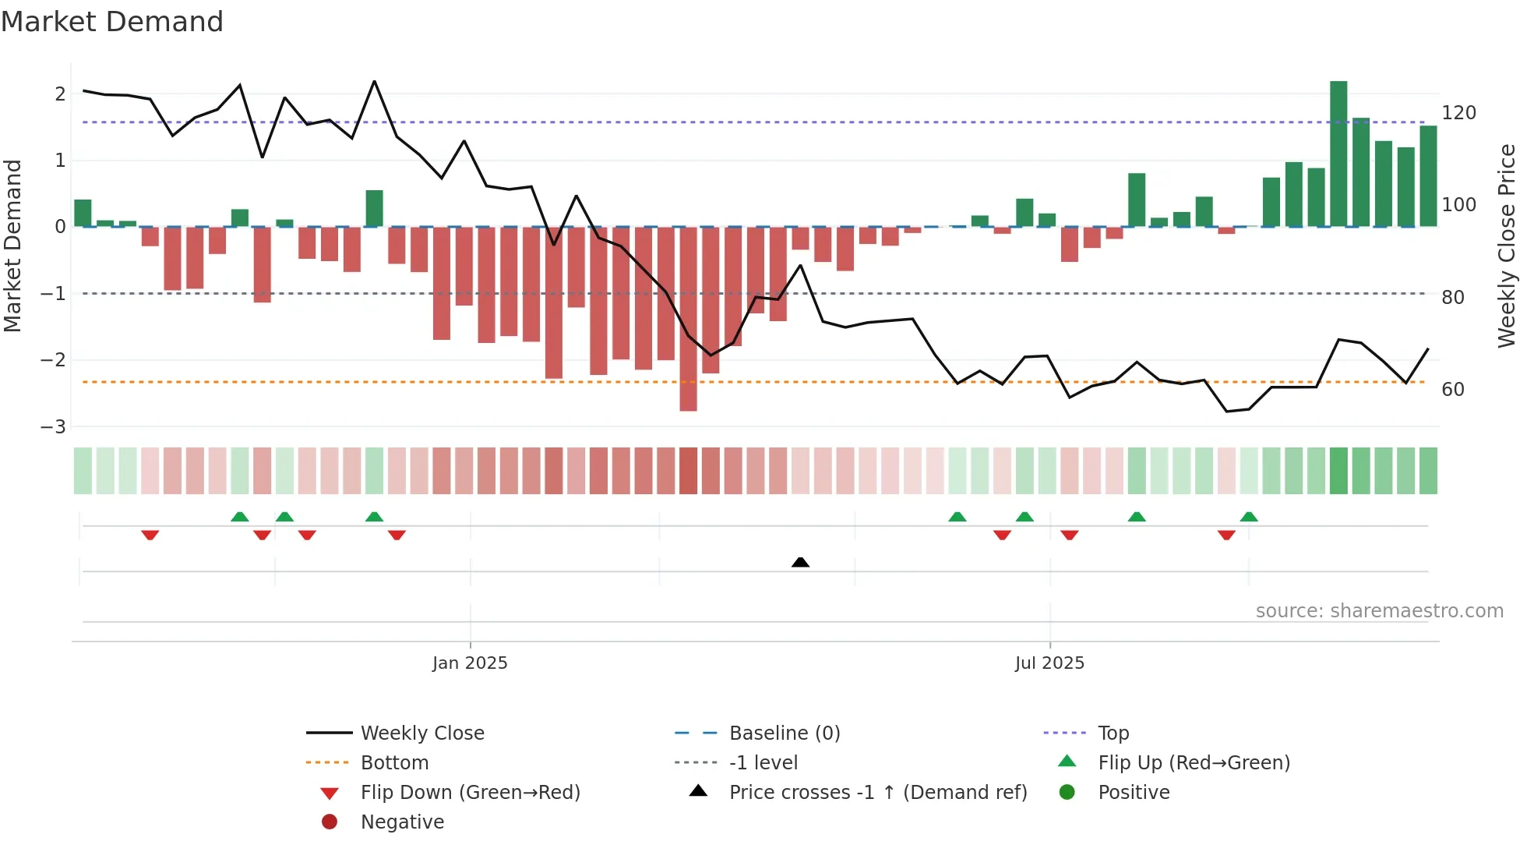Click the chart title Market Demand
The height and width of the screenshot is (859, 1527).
pyautogui.click(x=112, y=22)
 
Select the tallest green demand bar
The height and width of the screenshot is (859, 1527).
pyautogui.click(x=1338, y=154)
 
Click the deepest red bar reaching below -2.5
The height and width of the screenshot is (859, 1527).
pyautogui.click(x=688, y=319)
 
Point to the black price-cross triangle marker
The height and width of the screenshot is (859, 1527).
pyautogui.click(x=800, y=562)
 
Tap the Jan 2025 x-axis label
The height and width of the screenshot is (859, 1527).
pyautogui.click(x=470, y=663)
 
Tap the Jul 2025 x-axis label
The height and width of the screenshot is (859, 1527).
pyautogui.click(x=1049, y=663)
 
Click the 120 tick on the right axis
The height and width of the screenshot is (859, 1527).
pyautogui.click(x=1458, y=113)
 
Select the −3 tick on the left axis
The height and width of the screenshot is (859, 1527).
pyautogui.click(x=53, y=427)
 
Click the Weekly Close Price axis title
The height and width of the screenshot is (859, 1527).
pyautogui.click(x=1507, y=246)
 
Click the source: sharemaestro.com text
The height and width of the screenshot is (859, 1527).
pyautogui.click(x=1379, y=611)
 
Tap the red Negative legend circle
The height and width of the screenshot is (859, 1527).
pyautogui.click(x=330, y=822)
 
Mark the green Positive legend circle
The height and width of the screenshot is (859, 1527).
pyautogui.click(x=1067, y=793)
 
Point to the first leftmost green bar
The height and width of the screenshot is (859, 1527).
pyautogui.click(x=83, y=214)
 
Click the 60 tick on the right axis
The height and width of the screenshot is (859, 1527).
pyautogui.click(x=1452, y=390)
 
